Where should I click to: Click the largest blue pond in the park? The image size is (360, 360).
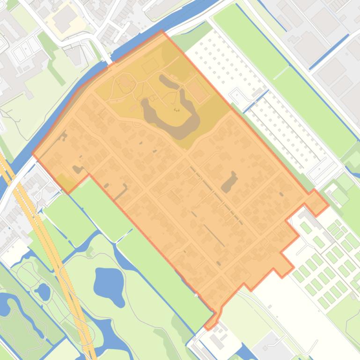point(109,281)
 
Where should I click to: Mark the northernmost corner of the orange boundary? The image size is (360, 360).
point(162,31)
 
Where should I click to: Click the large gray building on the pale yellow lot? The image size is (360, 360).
point(64,17)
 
